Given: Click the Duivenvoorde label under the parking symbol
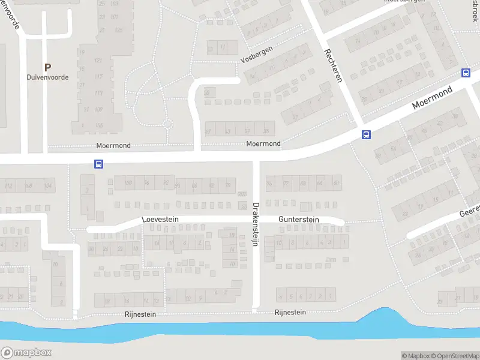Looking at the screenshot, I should tap(47, 77).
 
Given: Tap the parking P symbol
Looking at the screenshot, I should tap(47, 67).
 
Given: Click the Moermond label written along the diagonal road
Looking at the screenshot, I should tap(431, 97).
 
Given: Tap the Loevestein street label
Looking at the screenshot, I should tap(161, 220).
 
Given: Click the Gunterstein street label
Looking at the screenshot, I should tap(298, 220).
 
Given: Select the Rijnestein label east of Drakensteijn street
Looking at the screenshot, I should tap(290, 312).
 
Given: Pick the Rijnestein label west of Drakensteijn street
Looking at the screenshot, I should tap(141, 314).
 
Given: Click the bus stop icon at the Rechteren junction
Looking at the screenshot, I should tap(365, 134).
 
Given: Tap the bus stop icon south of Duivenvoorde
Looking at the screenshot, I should tap(98, 164).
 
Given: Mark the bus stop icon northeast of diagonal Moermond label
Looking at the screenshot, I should tap(466, 73).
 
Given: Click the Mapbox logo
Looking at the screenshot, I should tap(26, 353).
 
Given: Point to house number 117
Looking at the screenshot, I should tap(98, 76).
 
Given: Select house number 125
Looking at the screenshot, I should tap(119, 30).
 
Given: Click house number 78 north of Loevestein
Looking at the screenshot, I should tap(227, 185).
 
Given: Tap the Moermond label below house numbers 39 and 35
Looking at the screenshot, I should tap(263, 144).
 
